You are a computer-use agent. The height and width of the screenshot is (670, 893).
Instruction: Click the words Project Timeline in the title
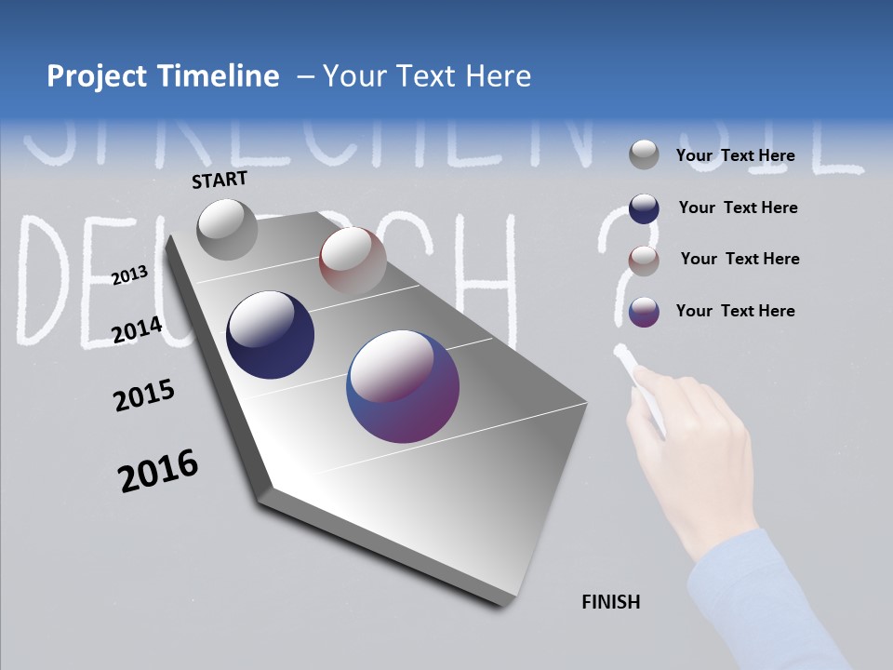pyautogui.click(x=163, y=76)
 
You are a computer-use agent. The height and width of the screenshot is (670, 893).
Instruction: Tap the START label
pyautogui.click(x=220, y=180)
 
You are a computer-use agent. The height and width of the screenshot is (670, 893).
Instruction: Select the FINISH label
pyautogui.click(x=610, y=602)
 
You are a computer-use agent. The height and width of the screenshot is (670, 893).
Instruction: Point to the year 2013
pyautogui.click(x=129, y=275)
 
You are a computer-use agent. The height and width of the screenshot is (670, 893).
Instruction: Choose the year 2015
pyautogui.click(x=143, y=395)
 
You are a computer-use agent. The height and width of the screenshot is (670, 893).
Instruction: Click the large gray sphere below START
pyautogui.click(x=227, y=229)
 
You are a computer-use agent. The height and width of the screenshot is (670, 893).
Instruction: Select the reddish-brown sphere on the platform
pyautogui.click(x=353, y=260)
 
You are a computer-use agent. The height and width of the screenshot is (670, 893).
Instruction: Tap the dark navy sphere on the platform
pyautogui.click(x=270, y=335)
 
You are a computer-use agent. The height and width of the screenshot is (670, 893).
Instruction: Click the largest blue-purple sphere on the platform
pyautogui.click(x=403, y=386)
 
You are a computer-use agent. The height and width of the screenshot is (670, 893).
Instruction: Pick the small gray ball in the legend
pyautogui.click(x=644, y=154)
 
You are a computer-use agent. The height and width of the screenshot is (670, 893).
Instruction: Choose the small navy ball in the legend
pyautogui.click(x=644, y=208)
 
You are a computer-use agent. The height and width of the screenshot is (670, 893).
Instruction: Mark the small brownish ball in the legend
pyautogui.click(x=644, y=261)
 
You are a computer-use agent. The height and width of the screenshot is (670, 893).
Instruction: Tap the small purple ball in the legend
pyautogui.click(x=644, y=312)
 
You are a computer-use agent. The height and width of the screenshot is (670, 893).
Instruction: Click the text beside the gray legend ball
pyautogui.click(x=735, y=155)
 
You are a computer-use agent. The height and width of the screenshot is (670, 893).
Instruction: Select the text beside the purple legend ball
pyautogui.click(x=735, y=311)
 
